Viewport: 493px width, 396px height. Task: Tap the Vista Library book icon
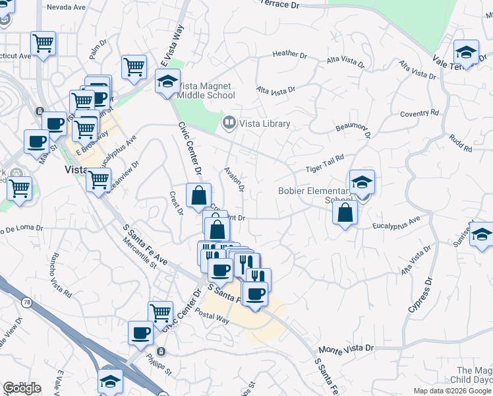229,122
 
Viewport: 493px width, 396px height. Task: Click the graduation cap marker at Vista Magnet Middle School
167,82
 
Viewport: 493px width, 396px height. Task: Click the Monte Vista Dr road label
345,348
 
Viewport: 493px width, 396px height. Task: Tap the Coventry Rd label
419,114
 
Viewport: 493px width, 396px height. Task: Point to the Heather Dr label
290,54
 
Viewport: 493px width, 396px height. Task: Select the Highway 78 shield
26,302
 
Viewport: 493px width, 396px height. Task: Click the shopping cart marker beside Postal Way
160,313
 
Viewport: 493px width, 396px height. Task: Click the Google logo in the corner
22,387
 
